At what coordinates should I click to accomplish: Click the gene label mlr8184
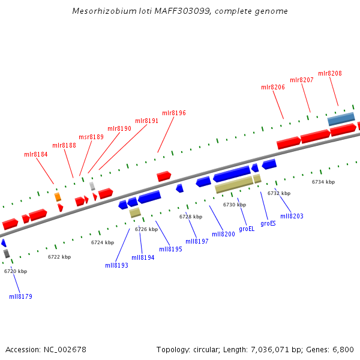[x=36, y=154]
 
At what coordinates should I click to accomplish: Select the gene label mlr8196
[x=174, y=113]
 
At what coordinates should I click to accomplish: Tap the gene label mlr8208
[x=330, y=73]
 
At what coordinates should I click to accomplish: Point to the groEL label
[x=247, y=229]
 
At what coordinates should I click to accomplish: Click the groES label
[x=268, y=223]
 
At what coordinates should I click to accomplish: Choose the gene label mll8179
[x=21, y=296]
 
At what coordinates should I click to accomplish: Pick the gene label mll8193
[x=116, y=265]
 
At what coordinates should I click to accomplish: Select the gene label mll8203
[x=292, y=216]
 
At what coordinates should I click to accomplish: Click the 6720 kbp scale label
[x=16, y=271]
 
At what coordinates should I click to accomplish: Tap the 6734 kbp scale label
[x=323, y=182]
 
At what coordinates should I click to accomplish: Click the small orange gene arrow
[x=58, y=197]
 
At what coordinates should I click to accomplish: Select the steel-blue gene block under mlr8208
[x=341, y=119]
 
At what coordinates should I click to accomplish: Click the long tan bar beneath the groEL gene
[x=234, y=185]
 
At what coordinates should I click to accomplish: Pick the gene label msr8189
[x=91, y=137]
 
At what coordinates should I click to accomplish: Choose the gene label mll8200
[x=223, y=234]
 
